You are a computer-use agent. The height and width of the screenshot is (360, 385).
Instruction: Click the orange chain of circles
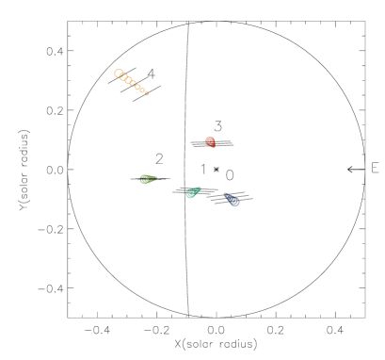coord(131,83)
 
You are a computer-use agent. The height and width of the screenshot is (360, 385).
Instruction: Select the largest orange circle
coord(119,74)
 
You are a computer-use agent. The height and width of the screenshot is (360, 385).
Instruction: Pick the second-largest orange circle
coord(123,77)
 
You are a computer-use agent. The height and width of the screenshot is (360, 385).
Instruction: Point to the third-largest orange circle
coord(128,81)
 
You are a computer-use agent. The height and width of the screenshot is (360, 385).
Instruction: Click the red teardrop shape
coord(211,142)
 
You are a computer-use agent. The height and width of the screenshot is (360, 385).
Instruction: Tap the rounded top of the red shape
coord(210,139)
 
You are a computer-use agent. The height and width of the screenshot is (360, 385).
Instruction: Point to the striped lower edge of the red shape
coord(213,146)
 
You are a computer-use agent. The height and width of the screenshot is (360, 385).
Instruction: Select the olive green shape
coord(148,178)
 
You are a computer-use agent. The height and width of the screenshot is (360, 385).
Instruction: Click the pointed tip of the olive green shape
coord(156,177)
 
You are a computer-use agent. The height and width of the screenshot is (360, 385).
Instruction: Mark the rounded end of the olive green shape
coord(142,179)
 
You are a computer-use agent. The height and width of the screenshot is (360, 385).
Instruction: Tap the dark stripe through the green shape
coord(148,178)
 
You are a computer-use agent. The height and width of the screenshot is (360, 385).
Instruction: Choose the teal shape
coord(193,192)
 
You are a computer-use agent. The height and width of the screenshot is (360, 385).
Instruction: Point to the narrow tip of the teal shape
coord(201,188)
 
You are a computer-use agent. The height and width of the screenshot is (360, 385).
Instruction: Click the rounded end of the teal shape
coord(188,195)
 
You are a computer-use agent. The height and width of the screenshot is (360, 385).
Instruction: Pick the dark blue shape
coord(232,199)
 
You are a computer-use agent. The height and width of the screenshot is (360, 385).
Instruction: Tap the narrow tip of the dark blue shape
coord(224,192)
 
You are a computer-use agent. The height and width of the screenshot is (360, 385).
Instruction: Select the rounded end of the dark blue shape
coord(236,203)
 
